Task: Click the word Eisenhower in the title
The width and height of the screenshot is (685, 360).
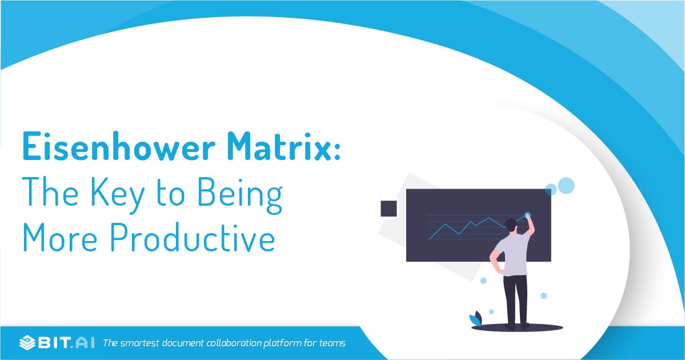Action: pyautogui.click(x=119, y=146)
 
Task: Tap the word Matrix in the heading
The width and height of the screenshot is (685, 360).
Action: pyautogui.click(x=279, y=146)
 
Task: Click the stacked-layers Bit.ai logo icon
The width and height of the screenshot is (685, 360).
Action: pyautogui.click(x=27, y=343)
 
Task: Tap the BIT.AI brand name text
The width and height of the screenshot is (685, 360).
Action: pyautogui.click(x=66, y=343)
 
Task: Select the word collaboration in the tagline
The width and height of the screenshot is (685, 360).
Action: pyautogui.click(x=234, y=343)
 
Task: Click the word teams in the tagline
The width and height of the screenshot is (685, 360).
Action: pyautogui.click(x=332, y=343)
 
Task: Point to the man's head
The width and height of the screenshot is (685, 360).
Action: pyautogui.click(x=511, y=225)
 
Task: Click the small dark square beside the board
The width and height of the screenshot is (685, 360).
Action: pyautogui.click(x=389, y=209)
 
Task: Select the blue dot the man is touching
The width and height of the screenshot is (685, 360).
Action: pyautogui.click(x=527, y=215)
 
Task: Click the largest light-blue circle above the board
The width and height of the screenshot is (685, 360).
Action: pyautogui.click(x=566, y=186)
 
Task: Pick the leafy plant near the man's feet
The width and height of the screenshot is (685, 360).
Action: pyautogui.click(x=476, y=319)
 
